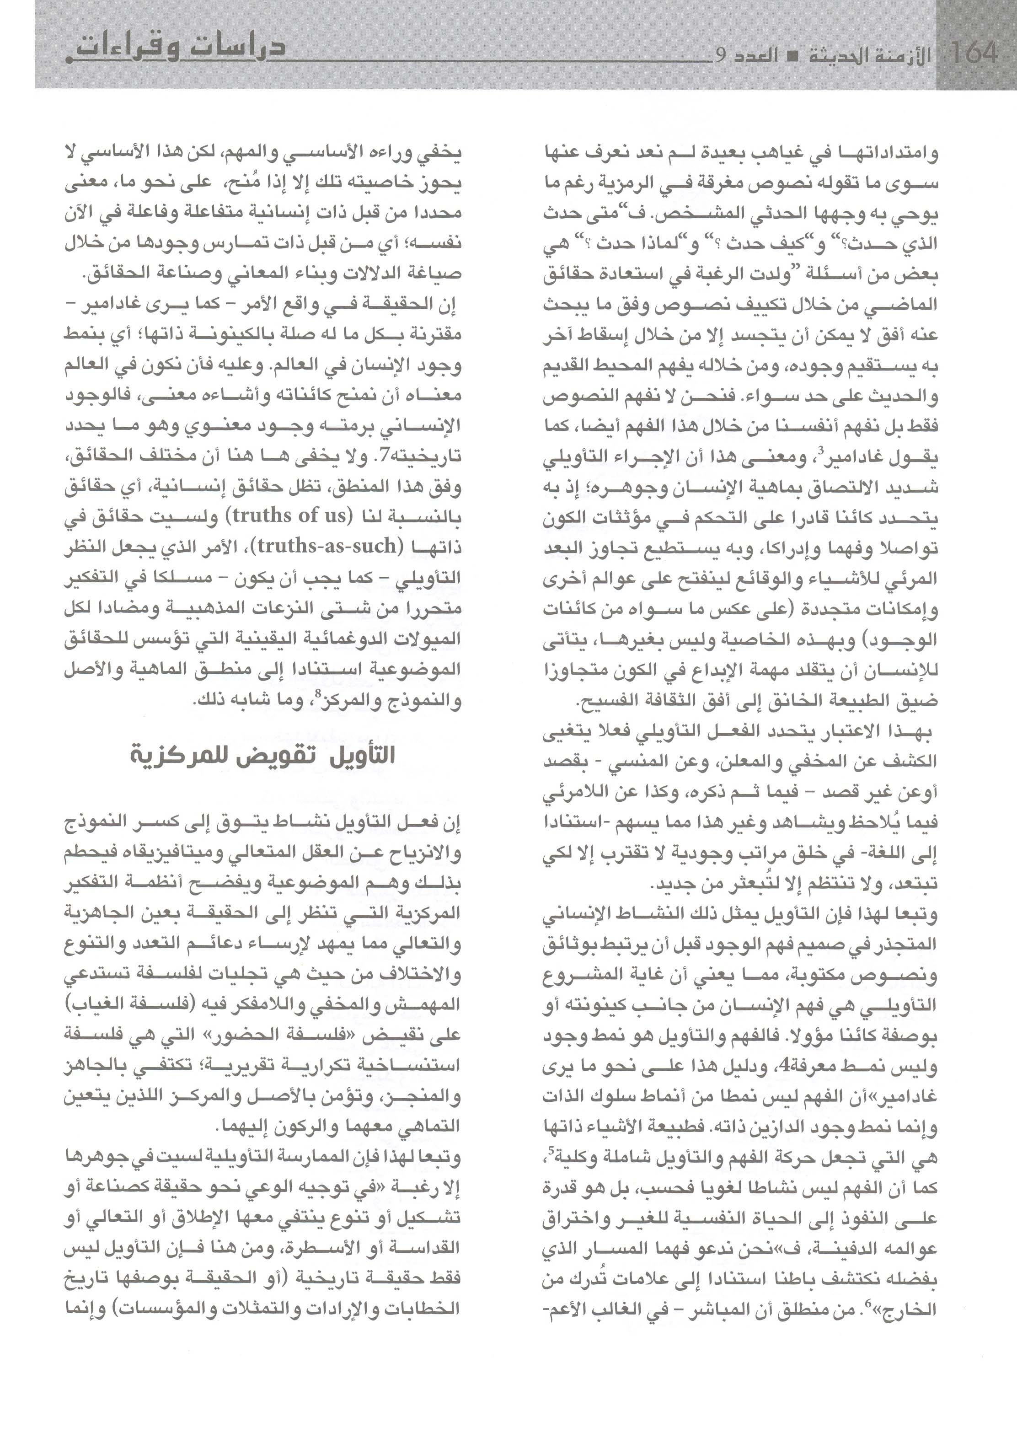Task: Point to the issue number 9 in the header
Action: click(x=720, y=55)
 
